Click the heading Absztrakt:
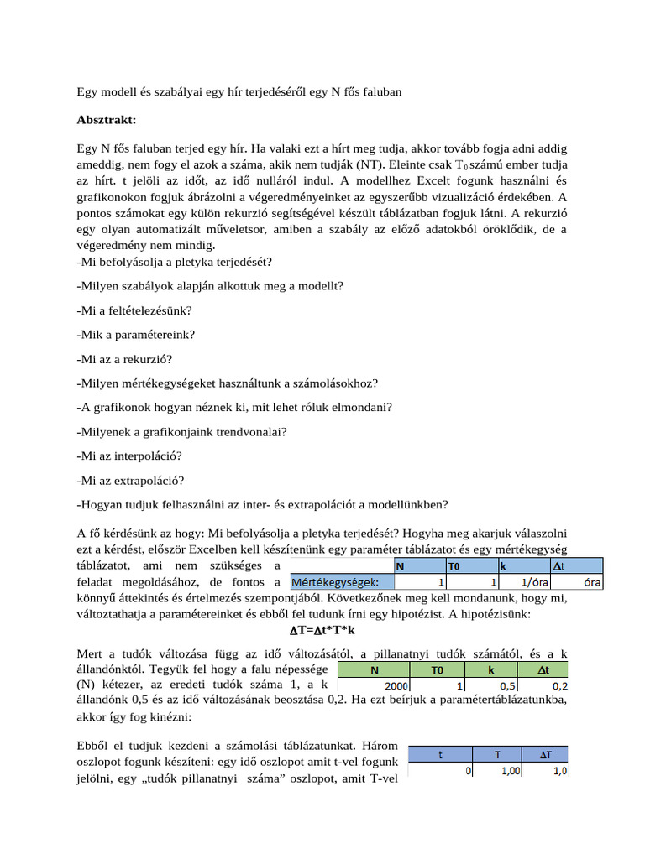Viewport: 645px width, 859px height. point(106,120)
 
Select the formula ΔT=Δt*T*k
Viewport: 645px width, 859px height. point(322,630)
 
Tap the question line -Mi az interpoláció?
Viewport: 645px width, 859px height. point(129,456)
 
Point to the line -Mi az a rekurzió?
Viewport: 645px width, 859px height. point(124,359)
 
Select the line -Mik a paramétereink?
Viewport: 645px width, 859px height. point(135,335)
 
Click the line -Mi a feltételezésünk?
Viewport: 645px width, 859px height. point(134,310)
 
